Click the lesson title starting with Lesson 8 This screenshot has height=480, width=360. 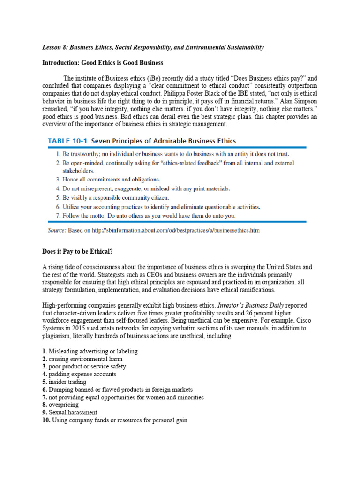153,47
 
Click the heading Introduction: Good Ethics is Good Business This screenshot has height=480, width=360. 103,63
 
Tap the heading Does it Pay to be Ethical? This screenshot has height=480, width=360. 77,252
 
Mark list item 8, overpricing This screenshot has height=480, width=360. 61,405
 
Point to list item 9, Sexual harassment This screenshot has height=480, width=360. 70,412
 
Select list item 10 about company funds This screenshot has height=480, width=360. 115,420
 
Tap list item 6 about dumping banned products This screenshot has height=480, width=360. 117,390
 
